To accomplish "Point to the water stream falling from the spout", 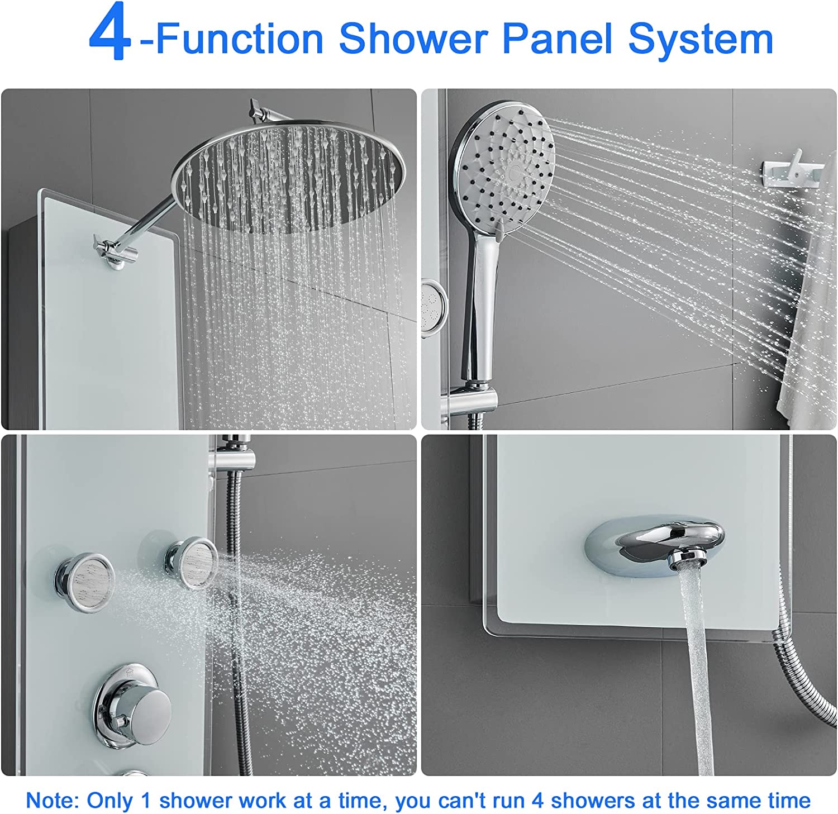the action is pyautogui.click(x=695, y=676).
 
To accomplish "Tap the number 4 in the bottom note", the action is pyautogui.click(x=537, y=800).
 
